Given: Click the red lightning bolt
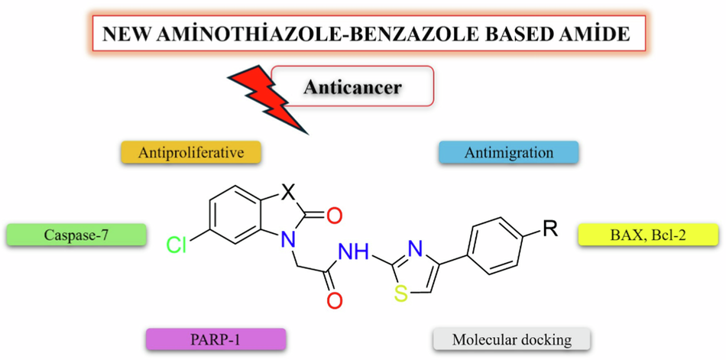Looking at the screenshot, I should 267,96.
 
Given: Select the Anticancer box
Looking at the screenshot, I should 352,86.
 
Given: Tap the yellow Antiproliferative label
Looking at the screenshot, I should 191,153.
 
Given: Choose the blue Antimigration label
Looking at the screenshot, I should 509,153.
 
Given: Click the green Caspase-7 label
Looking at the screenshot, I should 76,235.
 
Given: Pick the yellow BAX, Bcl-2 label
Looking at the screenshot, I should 648,235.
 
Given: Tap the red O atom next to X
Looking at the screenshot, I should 334,216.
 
